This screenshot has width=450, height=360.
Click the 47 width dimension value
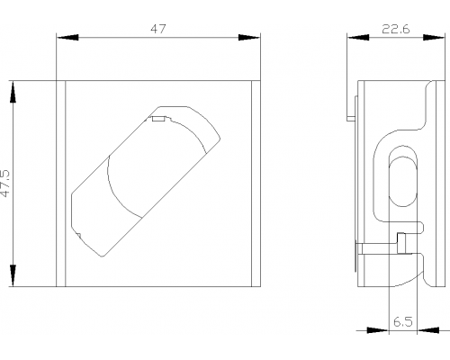158,29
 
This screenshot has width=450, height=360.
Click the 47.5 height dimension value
5,184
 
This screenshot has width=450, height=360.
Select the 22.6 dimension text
396,30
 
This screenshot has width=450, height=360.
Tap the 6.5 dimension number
403,322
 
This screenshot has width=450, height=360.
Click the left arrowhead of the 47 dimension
67,38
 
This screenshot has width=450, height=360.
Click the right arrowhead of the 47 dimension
249,38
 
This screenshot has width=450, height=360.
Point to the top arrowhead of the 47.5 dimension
13,92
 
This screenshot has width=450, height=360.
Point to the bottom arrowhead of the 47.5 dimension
13,275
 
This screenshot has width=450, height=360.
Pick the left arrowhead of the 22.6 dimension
358,38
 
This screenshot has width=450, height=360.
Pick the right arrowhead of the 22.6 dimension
434,38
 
